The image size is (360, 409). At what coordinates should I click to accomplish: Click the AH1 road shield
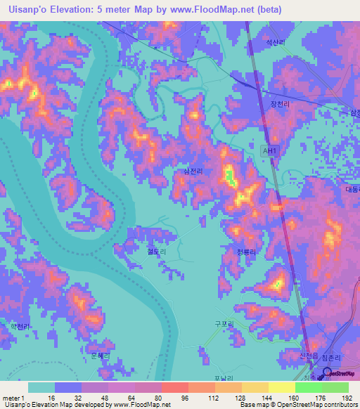click(x=268, y=150)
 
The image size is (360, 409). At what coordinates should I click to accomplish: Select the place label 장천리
click(x=279, y=105)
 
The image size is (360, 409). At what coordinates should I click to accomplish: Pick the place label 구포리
click(x=223, y=324)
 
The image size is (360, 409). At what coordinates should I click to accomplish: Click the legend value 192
click(x=347, y=397)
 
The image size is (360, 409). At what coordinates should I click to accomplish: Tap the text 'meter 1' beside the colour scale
click(x=14, y=397)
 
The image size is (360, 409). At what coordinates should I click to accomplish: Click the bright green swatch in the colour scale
click(x=309, y=387)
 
